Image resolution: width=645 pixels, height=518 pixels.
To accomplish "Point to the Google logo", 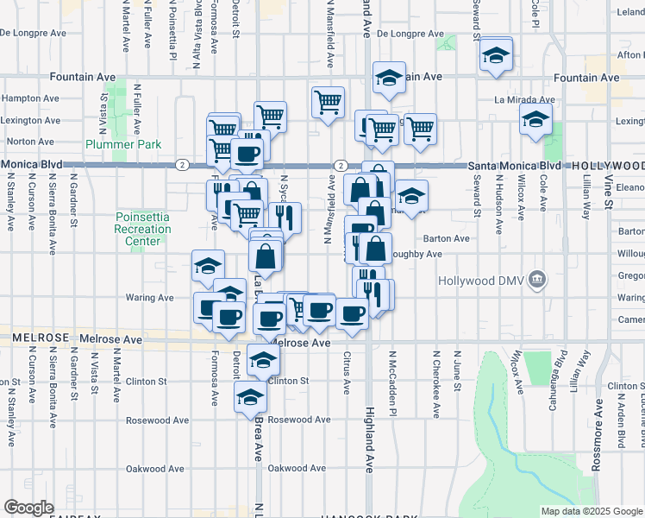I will pyautogui.click(x=28, y=508).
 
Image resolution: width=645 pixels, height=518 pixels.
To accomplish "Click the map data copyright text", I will pyautogui.click(x=591, y=511).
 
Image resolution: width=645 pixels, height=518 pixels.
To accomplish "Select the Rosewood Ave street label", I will pyautogui.click(x=299, y=420).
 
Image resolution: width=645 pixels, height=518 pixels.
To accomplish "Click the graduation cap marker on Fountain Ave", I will pyautogui.click(x=389, y=77).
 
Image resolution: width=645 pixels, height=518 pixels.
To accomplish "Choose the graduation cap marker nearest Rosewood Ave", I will pyautogui.click(x=250, y=397).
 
